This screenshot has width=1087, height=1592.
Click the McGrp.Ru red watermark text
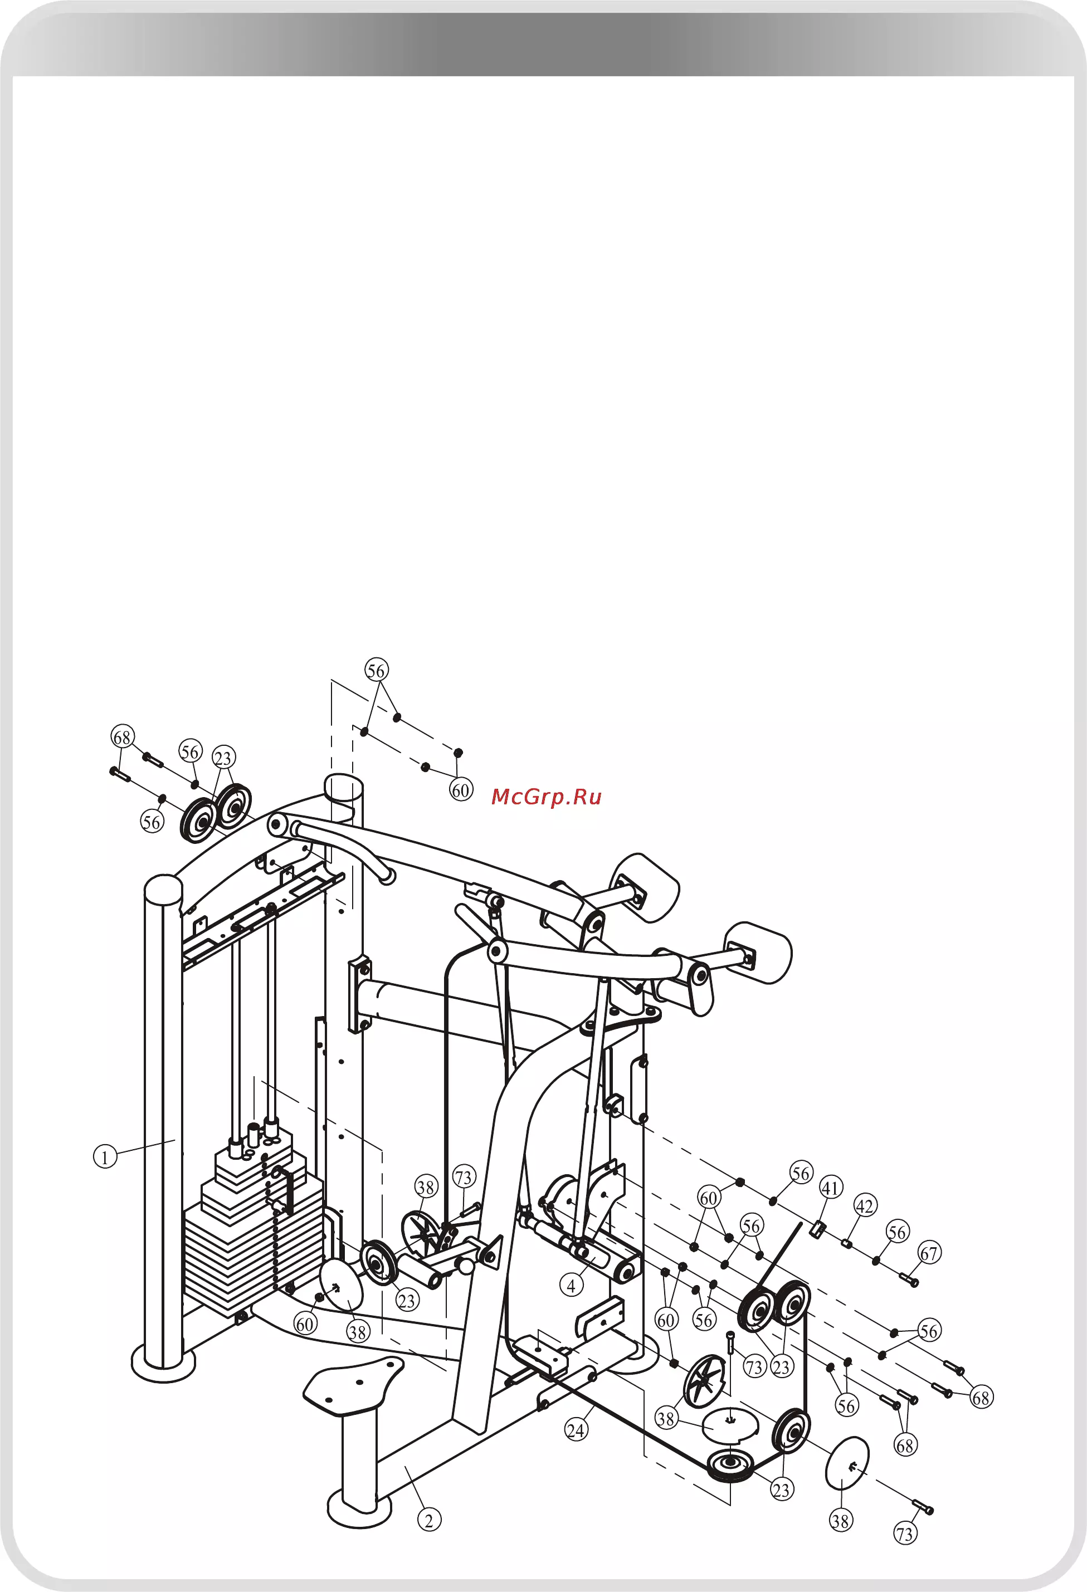point(546,797)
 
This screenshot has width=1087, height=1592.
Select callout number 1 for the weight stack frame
point(105,1158)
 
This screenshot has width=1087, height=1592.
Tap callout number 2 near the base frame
point(429,1520)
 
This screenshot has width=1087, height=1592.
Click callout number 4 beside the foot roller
point(572,1285)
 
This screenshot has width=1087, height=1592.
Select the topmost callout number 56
point(376,670)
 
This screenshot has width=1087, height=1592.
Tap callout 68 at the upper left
point(123,737)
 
